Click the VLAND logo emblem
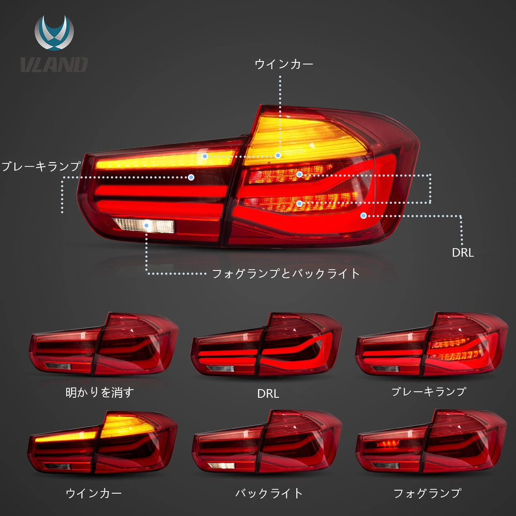tap(54, 33)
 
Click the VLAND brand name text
tap(54, 64)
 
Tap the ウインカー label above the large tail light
tap(284, 64)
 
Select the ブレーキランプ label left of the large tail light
tap(41, 166)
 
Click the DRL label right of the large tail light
tap(463, 253)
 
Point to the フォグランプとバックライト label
tap(285, 274)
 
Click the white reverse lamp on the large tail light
tap(144, 225)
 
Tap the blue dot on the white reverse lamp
tap(147, 225)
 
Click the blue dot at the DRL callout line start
tap(363, 216)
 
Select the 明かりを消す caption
tap(100, 392)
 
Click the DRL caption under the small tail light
tap(268, 394)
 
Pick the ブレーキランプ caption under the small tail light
tap(428, 392)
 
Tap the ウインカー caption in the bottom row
tap(94, 493)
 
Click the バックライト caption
tap(269, 493)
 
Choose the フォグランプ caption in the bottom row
tap(427, 493)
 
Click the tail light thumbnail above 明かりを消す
tap(104, 344)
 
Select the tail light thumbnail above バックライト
tap(267, 442)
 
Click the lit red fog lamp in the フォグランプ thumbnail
tap(388, 444)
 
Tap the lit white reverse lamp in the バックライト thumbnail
tap(221, 465)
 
